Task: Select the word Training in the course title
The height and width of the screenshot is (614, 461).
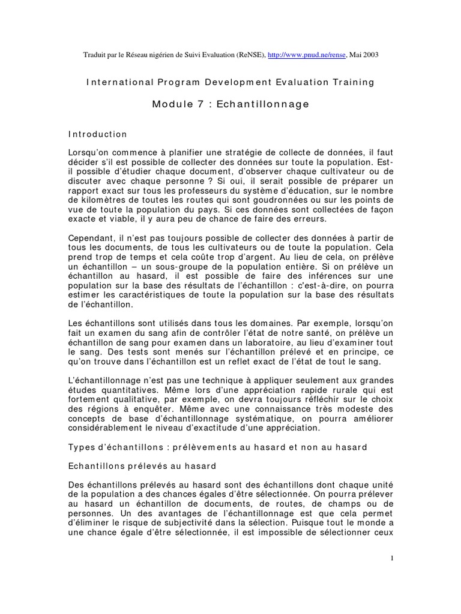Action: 353,82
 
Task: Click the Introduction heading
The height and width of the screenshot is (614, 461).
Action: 97,134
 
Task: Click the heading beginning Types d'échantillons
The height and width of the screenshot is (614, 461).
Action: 217,447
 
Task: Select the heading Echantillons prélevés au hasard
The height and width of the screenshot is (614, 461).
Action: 142,466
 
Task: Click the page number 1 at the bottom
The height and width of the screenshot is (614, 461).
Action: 391,558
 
